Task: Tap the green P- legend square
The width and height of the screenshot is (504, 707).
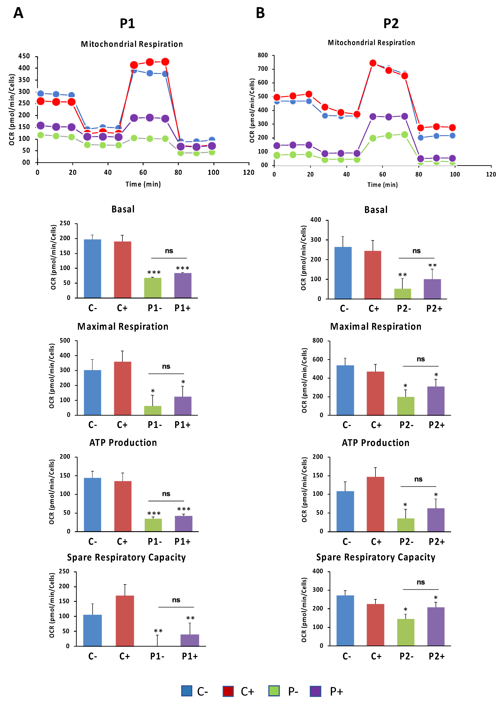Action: tap(274, 691)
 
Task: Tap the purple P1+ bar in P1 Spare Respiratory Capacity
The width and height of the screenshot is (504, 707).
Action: tap(190, 640)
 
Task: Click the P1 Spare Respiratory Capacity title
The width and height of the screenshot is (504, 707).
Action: tap(126, 557)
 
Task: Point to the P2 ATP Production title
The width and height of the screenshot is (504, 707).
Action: tap(376, 443)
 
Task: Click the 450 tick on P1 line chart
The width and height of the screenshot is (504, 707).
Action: tap(24, 56)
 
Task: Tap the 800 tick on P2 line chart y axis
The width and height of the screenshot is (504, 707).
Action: tap(263, 55)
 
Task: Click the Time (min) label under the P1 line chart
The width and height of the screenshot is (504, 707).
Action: tap(143, 184)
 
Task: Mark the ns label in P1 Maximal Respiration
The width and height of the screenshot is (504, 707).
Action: tap(166, 367)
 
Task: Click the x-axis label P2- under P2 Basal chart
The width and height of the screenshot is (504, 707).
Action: tap(404, 309)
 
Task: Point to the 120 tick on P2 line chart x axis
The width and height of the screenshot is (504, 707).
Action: tap(491, 174)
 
